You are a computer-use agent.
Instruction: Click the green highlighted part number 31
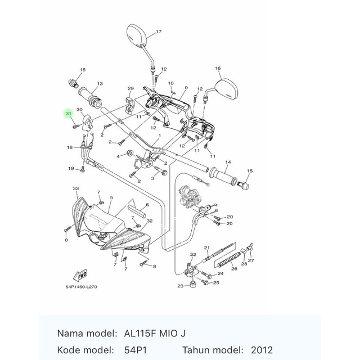tap(69, 114)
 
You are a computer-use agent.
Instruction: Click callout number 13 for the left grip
tap(99, 84)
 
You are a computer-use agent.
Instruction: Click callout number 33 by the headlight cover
tap(75, 187)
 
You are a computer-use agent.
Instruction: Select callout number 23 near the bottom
tap(180, 286)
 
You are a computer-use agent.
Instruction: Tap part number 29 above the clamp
tap(130, 89)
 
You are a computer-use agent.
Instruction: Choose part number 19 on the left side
tap(71, 168)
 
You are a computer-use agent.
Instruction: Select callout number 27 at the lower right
tap(251, 260)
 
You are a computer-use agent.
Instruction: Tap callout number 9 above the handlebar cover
tap(185, 88)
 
